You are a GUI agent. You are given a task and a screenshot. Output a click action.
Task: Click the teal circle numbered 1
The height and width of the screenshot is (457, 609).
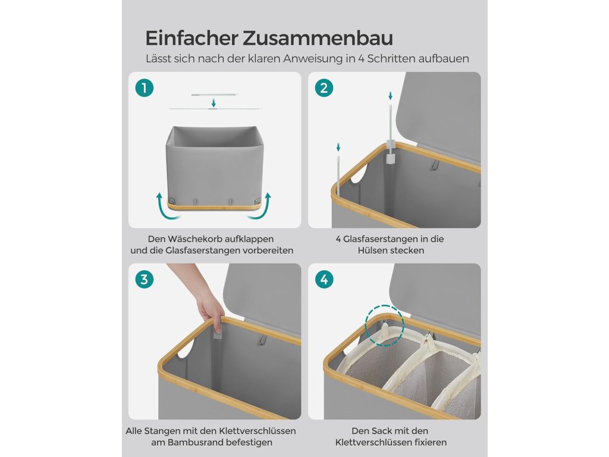145,88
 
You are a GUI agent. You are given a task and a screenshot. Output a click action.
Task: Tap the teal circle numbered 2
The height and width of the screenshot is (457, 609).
324,88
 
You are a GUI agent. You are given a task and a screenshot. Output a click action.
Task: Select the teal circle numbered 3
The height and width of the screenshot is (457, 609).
145,280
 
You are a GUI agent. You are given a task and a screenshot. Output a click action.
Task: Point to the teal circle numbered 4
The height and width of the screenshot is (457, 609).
324,280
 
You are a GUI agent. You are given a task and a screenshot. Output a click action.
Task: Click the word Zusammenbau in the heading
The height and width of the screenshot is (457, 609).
318,38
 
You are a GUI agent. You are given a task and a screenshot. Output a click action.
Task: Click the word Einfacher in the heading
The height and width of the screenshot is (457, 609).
192,38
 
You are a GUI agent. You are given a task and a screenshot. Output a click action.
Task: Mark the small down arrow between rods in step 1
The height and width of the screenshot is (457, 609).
214,103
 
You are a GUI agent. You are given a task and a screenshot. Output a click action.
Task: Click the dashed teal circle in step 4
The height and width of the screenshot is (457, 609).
385,325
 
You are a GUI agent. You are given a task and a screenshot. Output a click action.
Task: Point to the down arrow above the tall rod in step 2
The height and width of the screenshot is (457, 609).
390,96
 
